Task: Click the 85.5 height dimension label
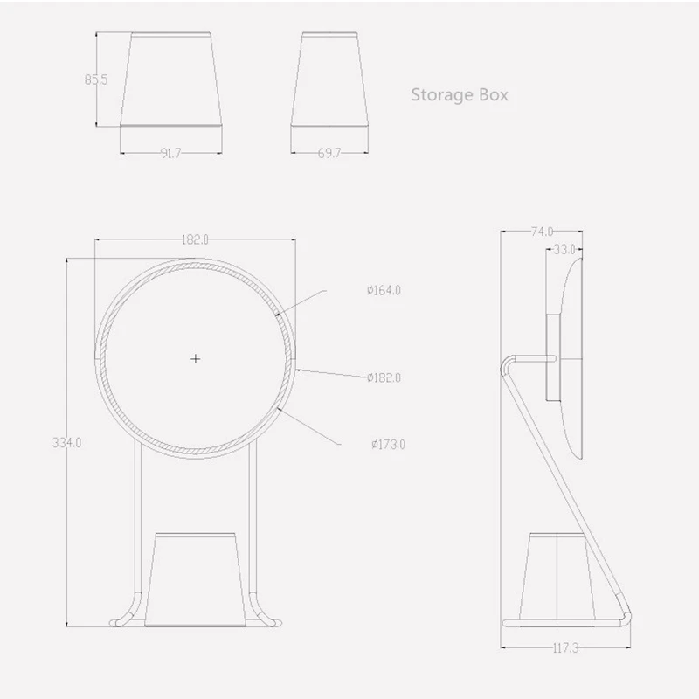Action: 96,80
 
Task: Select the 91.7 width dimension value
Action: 170,154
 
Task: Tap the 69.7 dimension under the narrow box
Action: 329,154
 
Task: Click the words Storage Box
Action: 460,95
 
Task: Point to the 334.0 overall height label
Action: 67,443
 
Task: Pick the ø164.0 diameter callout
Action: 384,290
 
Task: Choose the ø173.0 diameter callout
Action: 389,445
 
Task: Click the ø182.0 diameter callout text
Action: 384,378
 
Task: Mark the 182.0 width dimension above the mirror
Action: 195,239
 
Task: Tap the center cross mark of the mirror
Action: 195,359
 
